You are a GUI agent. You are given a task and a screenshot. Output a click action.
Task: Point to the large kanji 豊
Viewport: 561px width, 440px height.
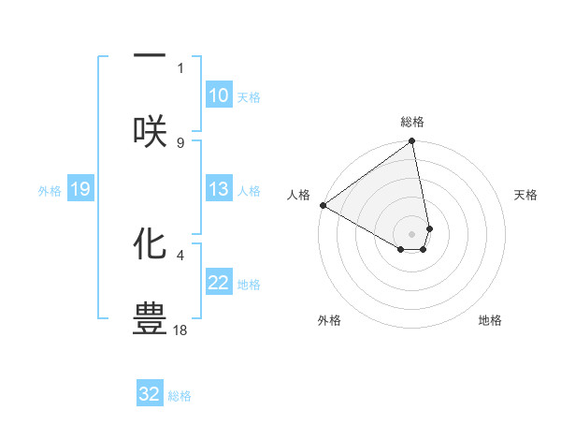150,316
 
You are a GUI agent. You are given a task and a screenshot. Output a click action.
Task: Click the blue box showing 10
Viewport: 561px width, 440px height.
218,95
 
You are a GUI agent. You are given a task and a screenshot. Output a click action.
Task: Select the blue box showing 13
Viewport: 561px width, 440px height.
218,189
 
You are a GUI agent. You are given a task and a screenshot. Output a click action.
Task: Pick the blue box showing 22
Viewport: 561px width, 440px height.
218,283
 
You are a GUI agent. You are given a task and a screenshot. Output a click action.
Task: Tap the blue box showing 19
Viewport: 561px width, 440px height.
79,190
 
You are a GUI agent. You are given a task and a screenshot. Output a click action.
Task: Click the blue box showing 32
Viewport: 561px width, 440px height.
150,394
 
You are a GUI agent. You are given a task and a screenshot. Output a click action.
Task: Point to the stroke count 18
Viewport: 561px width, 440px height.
180,330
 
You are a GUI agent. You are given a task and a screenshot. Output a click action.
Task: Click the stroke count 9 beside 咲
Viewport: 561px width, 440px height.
180,142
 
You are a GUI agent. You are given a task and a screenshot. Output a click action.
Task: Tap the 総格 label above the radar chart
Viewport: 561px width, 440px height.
412,122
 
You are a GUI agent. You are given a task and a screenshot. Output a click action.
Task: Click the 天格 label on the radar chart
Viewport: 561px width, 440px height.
525,195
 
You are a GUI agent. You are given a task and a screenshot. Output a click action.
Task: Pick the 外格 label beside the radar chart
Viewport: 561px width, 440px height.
329,320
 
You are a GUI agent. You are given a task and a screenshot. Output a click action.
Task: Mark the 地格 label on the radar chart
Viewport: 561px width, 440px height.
490,320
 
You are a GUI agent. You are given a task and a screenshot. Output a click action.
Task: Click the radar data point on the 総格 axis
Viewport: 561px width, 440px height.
412,142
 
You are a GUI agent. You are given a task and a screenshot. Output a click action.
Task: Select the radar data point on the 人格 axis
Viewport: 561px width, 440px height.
323,205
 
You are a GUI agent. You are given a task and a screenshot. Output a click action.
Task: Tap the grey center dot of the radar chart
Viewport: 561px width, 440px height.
412,233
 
